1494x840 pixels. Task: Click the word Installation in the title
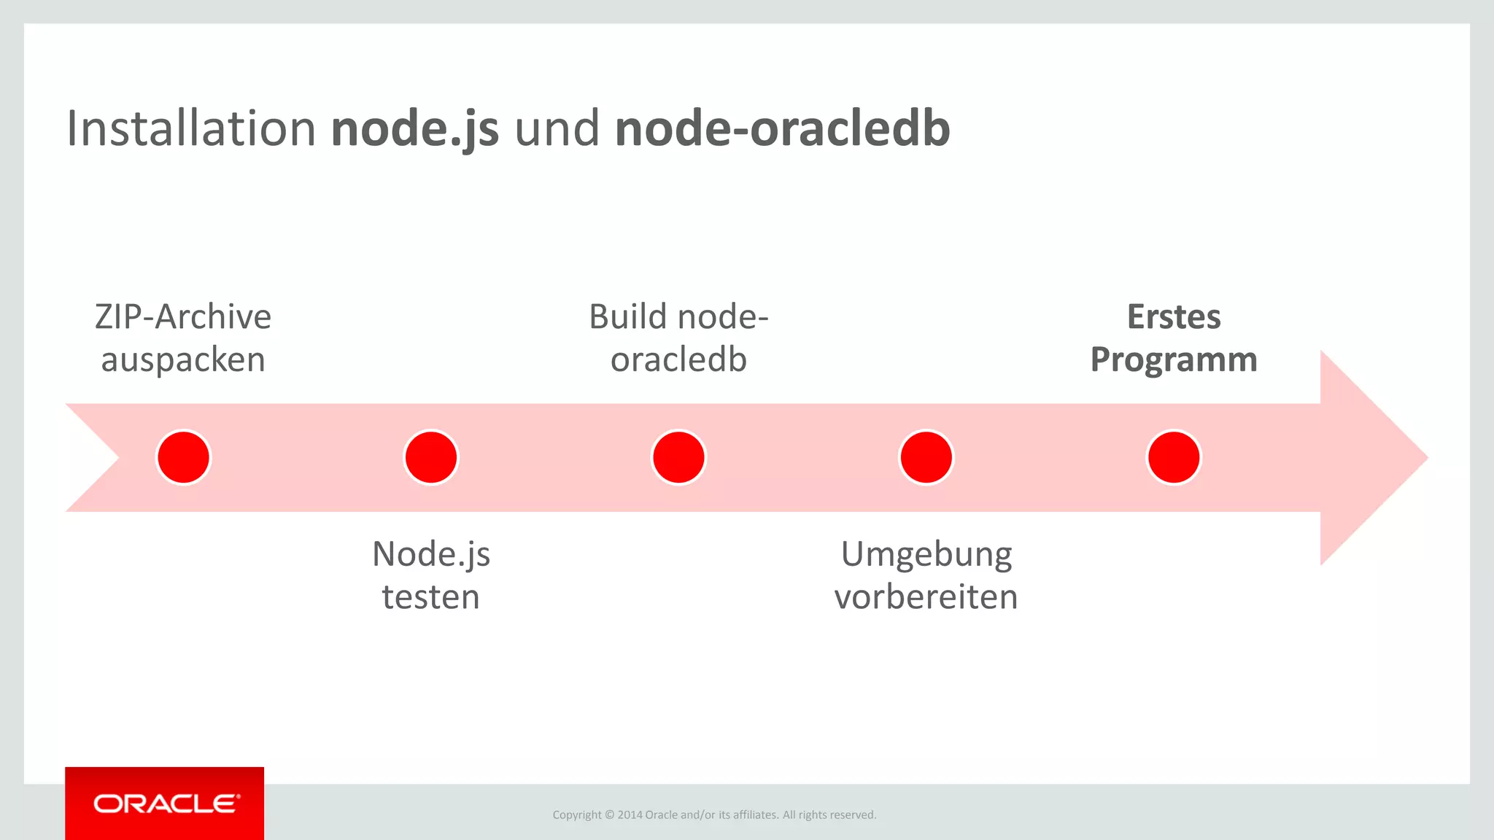pos(191,128)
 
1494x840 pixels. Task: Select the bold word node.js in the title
pos(414,128)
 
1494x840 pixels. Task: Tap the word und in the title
pos(557,128)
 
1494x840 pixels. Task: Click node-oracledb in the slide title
pos(782,128)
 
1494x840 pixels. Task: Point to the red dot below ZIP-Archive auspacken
pos(184,457)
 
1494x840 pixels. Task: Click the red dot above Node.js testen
pos(431,457)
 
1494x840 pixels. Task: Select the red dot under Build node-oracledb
pos(678,457)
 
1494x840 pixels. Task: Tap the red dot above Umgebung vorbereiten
pos(926,457)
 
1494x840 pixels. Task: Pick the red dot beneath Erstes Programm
pos(1173,457)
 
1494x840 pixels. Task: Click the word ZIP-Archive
pos(183,317)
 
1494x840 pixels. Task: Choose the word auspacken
pos(183,360)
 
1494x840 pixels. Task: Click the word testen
pos(430,597)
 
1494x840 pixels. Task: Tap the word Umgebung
pos(926,555)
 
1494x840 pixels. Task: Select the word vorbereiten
pos(926,597)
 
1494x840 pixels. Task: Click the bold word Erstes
pos(1173,317)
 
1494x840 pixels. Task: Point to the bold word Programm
pos(1173,360)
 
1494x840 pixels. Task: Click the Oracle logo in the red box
pos(166,804)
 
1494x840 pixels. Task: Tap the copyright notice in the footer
pos(714,814)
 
